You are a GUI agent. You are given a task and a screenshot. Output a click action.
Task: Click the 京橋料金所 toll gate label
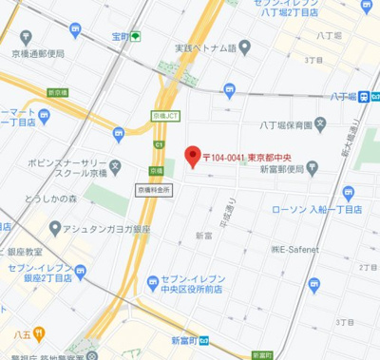click(x=153, y=190)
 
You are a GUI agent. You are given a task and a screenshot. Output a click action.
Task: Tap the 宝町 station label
click(x=118, y=37)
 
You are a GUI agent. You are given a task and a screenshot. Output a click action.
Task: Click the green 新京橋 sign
click(x=57, y=92)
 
